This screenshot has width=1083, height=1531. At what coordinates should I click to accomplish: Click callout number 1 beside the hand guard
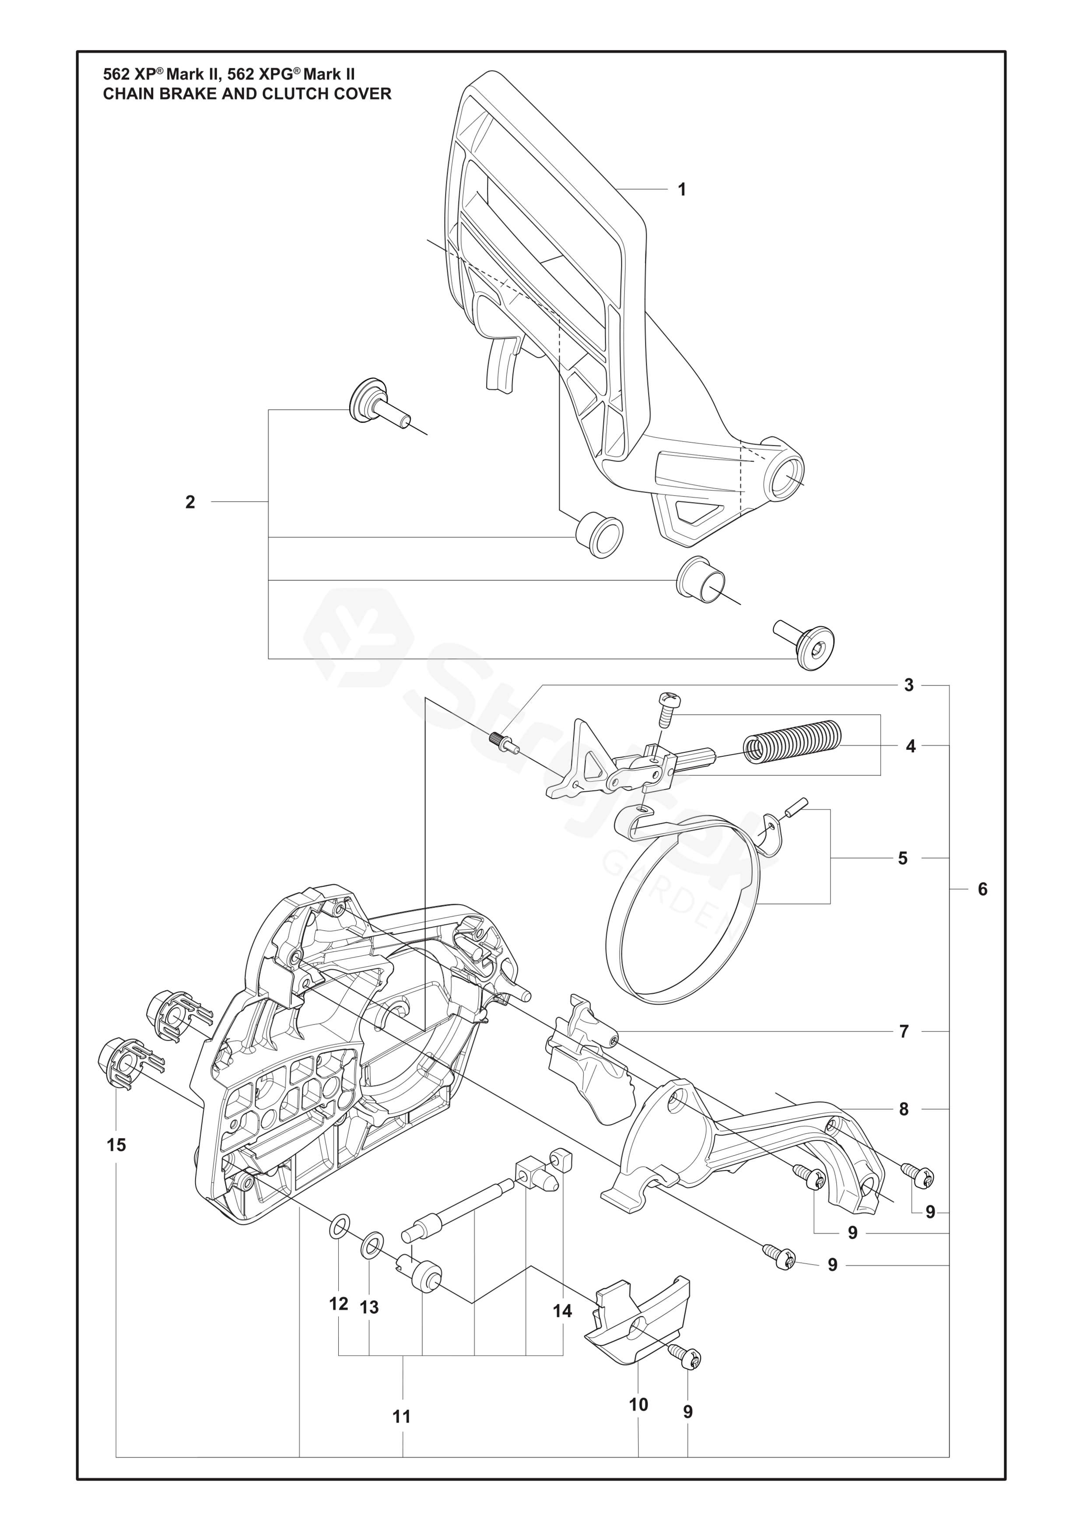click(x=682, y=190)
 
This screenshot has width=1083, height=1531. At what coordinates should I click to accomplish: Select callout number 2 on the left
click(x=190, y=502)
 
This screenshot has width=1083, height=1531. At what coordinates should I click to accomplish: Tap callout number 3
click(x=908, y=685)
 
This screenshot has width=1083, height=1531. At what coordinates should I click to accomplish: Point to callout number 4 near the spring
click(x=910, y=746)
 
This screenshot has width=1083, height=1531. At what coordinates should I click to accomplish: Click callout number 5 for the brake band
click(x=902, y=858)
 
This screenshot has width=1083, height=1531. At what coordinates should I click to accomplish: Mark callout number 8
click(x=904, y=1109)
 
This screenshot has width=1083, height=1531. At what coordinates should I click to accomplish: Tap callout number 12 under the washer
click(x=339, y=1304)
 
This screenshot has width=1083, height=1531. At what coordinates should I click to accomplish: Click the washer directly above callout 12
click(x=339, y=1225)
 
